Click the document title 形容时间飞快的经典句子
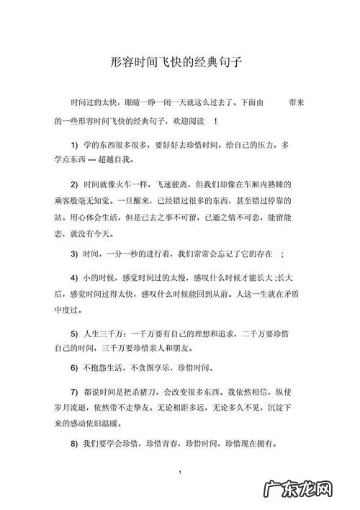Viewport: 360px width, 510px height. pos(179,63)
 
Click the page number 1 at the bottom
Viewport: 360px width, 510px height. pos(179,473)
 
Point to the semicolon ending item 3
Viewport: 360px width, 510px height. pos(282,254)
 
